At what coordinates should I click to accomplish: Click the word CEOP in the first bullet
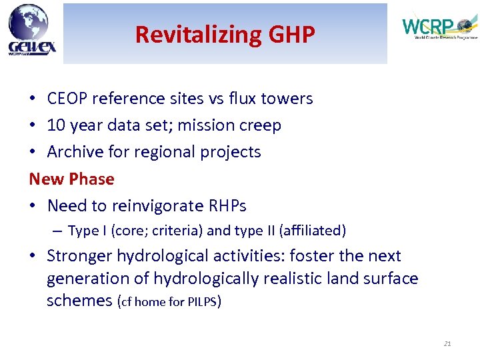tap(67, 99)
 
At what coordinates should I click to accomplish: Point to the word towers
tap(286, 99)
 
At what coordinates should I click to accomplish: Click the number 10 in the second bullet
tap(56, 125)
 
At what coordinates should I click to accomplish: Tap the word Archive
tap(74, 152)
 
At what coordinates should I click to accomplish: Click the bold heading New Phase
tap(71, 179)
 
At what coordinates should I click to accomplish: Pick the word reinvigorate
tap(143, 206)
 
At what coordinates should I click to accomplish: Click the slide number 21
tap(447, 344)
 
